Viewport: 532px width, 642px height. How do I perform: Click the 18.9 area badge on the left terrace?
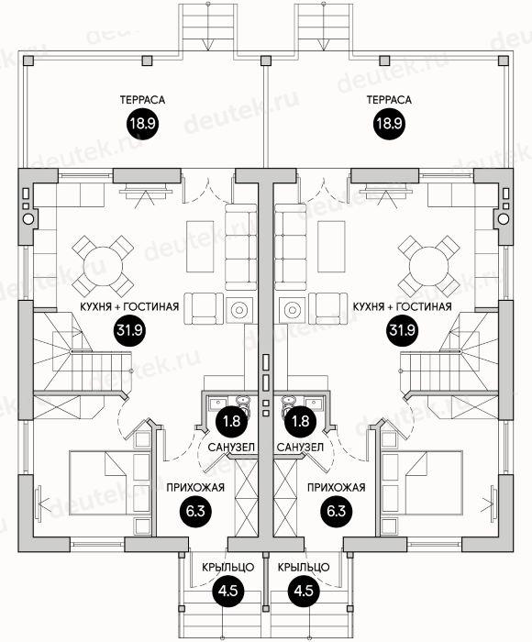tap(142, 123)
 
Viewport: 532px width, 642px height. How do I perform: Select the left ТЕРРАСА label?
tap(142, 100)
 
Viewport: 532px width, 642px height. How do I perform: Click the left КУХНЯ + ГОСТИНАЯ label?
tap(129, 306)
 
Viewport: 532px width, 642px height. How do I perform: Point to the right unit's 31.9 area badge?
tap(402, 330)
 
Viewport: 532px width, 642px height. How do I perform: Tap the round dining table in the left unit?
tap(104, 266)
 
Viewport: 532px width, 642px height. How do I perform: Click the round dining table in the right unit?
tap(428, 266)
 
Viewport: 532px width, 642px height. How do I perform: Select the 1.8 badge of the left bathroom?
tap(231, 421)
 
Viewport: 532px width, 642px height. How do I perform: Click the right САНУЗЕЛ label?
tap(300, 447)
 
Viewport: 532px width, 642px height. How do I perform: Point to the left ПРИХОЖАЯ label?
tap(195, 488)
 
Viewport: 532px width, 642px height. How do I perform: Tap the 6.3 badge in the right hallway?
tap(337, 511)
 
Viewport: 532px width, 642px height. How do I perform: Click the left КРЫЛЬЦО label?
tap(228, 568)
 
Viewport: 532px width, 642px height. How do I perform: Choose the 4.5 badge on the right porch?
tap(304, 591)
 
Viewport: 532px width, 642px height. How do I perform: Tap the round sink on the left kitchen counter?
tap(28, 219)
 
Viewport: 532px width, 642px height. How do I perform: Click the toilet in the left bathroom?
tap(243, 404)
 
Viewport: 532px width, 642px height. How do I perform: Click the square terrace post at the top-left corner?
tap(28, 61)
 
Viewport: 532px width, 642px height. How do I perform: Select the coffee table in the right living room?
tap(331, 247)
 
